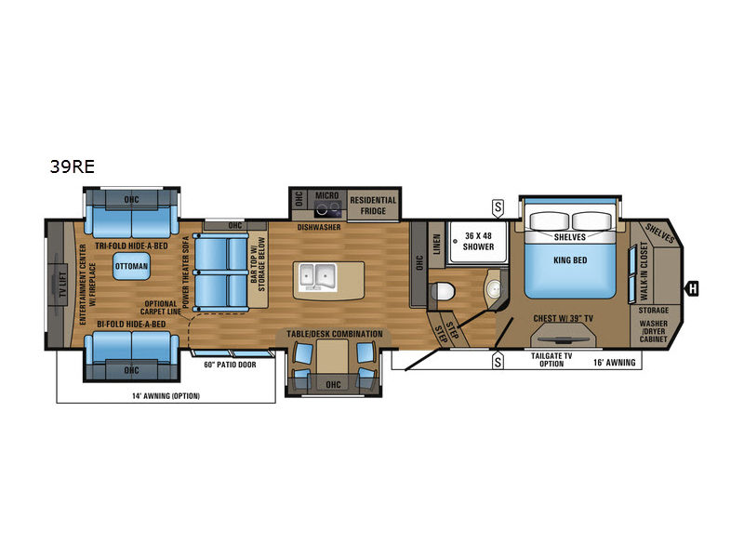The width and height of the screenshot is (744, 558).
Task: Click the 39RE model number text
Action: coord(73,166)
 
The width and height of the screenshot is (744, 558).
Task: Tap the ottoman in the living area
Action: coord(131,266)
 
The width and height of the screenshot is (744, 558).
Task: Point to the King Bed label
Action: coord(570,260)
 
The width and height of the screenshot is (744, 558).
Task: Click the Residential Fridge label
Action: coord(373,206)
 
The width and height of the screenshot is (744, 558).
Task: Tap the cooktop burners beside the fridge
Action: coord(328,207)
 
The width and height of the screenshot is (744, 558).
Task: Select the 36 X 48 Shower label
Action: coord(478,241)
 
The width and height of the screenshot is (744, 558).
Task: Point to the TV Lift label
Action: coord(62,283)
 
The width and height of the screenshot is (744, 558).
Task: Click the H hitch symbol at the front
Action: coord(693,288)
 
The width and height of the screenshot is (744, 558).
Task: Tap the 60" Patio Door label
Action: coord(230,365)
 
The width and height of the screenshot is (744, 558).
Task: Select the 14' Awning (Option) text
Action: coord(166,396)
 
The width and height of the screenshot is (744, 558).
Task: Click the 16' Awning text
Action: coord(615,363)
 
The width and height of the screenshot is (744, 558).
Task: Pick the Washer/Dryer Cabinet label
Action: coord(654,331)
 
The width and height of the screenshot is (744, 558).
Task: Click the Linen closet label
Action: coord(437,244)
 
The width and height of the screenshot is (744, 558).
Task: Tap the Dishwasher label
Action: coord(319,227)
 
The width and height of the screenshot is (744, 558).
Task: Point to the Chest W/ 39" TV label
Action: coord(564,318)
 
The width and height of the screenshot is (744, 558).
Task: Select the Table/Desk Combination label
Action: coord(335,334)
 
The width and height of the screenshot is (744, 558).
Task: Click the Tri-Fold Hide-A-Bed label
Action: coord(131,246)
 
